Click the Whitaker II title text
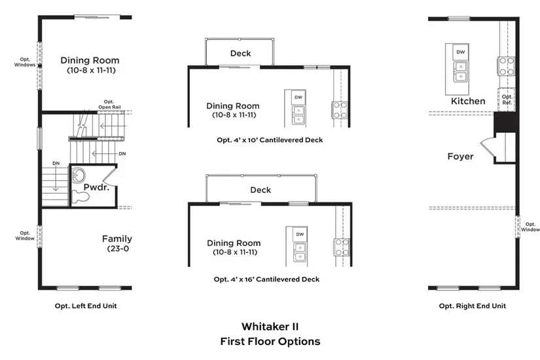tap(270, 326)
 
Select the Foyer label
tap(460, 156)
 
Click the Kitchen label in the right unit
tap(468, 101)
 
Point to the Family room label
tap(117, 239)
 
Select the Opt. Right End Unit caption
tap(472, 306)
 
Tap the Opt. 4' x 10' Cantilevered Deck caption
tap(270, 139)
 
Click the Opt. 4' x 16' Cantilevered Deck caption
tap(266, 279)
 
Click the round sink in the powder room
tap(79, 176)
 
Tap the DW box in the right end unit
tap(461, 52)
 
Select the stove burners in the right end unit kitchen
tap(507, 65)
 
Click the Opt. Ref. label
tap(507, 99)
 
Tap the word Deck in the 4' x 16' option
tap(261, 190)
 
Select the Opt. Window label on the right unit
tap(530, 227)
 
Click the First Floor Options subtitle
tap(270, 342)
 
